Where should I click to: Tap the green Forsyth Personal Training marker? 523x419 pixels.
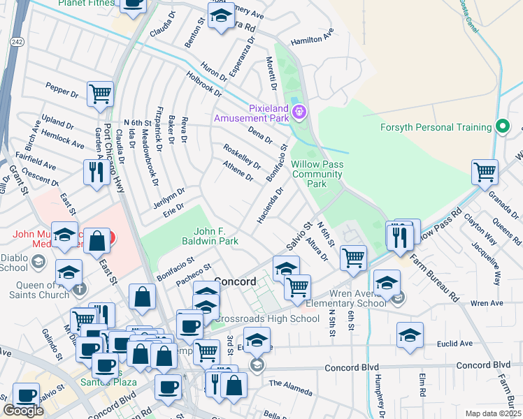pos(501,127)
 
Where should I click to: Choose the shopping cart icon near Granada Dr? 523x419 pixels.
pos(484,171)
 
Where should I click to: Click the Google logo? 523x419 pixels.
pos(23,411)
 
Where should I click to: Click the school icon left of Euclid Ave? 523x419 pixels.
pos(410,334)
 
